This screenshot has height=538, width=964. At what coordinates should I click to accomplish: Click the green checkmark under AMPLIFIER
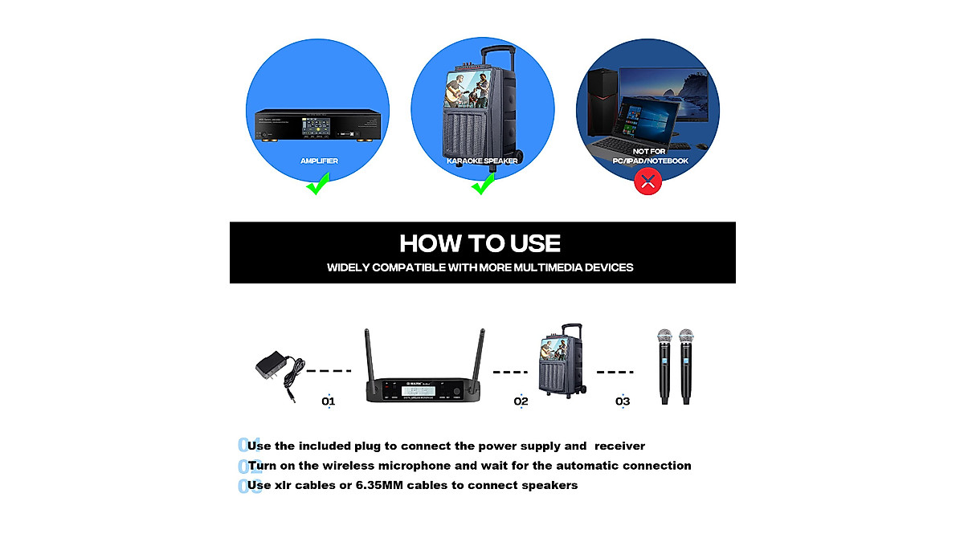click(x=318, y=186)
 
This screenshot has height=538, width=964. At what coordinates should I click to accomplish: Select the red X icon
click(x=648, y=181)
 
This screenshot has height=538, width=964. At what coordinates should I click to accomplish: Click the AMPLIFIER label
click(x=319, y=161)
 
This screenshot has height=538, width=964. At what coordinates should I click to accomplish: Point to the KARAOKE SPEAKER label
click(x=483, y=161)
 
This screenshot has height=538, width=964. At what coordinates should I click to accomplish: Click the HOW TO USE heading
click(x=480, y=243)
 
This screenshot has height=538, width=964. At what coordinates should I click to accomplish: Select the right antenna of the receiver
click(x=481, y=353)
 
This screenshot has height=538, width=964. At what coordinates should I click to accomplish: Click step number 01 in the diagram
click(x=328, y=401)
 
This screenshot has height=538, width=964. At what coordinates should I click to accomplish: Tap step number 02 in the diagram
click(x=521, y=401)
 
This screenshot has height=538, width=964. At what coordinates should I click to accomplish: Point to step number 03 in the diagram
click(x=623, y=401)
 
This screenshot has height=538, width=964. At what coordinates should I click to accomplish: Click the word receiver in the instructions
click(x=617, y=446)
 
